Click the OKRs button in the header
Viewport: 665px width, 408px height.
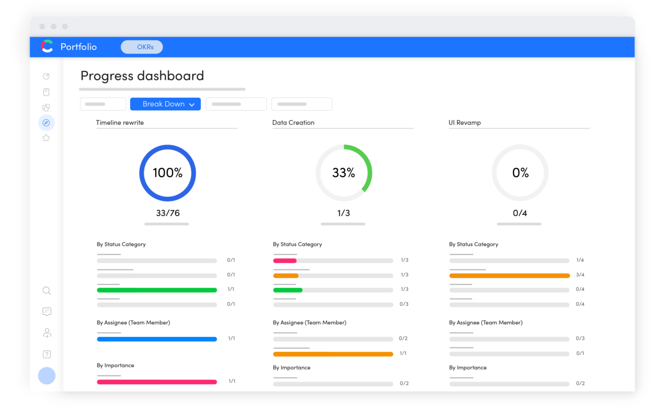point(142,47)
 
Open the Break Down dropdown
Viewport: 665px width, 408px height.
point(165,104)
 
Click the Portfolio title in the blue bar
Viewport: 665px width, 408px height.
point(78,47)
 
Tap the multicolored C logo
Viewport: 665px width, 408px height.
point(47,46)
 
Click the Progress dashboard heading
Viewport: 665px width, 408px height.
point(142,76)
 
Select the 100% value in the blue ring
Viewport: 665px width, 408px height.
point(167,173)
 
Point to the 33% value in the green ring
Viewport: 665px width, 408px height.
point(343,173)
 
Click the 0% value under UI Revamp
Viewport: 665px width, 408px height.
point(520,173)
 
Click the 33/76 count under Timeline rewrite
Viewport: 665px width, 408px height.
point(168,213)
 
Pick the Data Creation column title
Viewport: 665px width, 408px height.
point(293,123)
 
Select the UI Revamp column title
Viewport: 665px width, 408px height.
point(465,123)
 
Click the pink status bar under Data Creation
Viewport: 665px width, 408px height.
point(285,261)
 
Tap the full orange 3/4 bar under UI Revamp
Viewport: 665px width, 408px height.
point(509,275)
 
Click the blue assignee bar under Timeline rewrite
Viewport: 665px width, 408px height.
point(157,339)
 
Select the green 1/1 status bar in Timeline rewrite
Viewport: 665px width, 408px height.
point(157,290)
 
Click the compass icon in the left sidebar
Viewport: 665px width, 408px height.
point(46,123)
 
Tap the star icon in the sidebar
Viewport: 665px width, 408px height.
point(46,138)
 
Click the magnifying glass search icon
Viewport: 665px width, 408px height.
point(47,291)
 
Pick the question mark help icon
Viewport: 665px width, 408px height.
point(47,354)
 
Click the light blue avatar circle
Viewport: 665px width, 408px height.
point(47,376)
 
